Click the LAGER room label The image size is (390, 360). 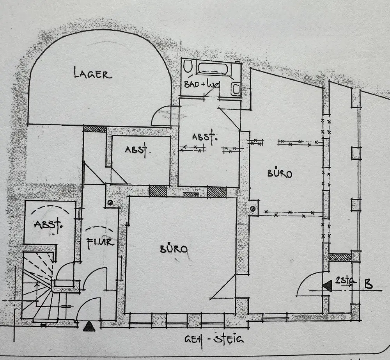click(93, 73)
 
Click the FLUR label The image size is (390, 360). click(100, 242)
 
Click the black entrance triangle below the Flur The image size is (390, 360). click(89, 326)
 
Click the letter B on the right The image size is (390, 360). click(368, 284)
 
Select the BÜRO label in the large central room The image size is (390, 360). click(174, 249)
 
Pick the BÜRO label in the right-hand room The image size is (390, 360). click(279, 173)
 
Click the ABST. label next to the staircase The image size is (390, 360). click(48, 225)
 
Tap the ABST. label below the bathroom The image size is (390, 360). click(204, 137)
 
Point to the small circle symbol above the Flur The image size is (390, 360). click(110, 202)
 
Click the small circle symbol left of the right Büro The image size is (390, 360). click(253, 209)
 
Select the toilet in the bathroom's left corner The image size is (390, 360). click(188, 67)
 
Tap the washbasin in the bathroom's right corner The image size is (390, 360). click(236, 89)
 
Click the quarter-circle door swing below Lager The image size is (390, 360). click(161, 117)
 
